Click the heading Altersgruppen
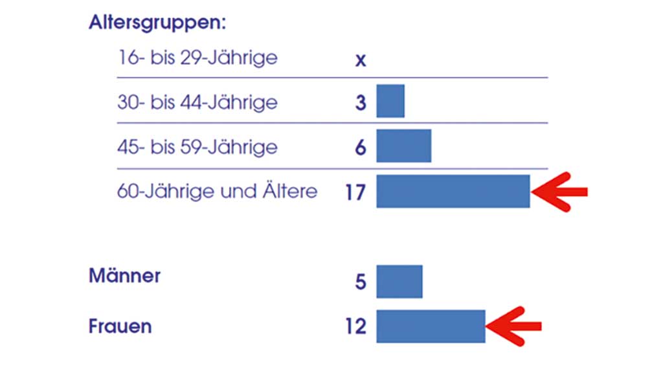(x=157, y=23)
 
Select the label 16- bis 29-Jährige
(x=197, y=58)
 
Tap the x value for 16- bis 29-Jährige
(x=361, y=61)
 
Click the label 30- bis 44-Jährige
(x=197, y=103)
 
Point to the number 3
(x=361, y=103)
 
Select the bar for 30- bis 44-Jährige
(x=390, y=101)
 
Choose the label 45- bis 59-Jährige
(x=197, y=147)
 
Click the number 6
(x=361, y=148)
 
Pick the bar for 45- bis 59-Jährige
(x=403, y=146)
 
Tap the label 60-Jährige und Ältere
(x=218, y=192)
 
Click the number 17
(x=355, y=192)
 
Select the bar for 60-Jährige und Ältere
(x=453, y=191)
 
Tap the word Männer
(x=124, y=276)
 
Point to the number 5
(x=361, y=282)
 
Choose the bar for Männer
(x=399, y=282)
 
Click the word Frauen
(x=120, y=326)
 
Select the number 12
(x=355, y=327)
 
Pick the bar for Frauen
(x=431, y=326)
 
